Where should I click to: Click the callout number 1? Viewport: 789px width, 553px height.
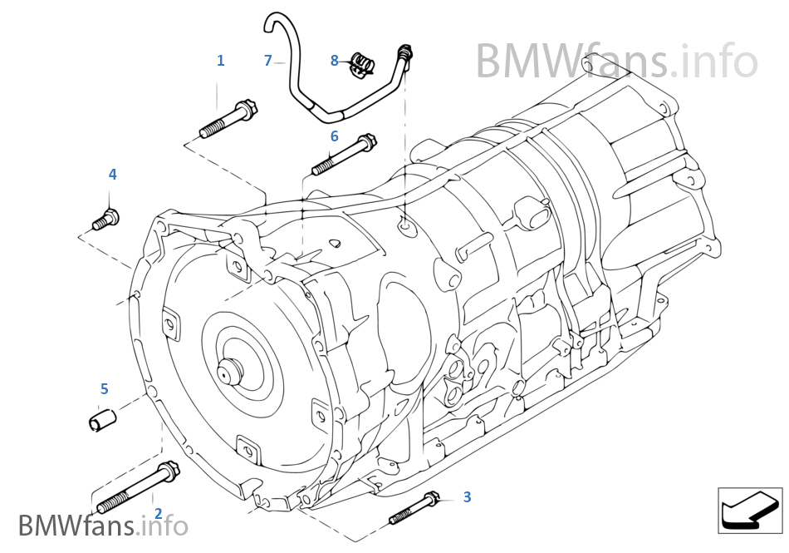220,61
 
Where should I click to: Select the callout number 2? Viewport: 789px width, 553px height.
158,515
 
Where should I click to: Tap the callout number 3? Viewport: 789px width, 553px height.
467,497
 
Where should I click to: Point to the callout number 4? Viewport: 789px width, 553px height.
112,175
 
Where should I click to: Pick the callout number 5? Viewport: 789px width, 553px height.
104,389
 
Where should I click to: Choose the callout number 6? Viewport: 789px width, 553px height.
334,136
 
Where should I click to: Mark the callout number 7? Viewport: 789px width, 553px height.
267,61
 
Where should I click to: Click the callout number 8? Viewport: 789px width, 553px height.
334,60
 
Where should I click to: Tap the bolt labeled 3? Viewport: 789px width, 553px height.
414,508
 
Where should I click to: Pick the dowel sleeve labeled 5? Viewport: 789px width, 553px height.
102,419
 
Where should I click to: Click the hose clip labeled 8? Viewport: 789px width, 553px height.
361,65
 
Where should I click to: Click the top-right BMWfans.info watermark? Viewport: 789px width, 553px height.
616,60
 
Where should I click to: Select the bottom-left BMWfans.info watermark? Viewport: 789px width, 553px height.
102,526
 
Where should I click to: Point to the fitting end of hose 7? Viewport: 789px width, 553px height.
404,52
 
